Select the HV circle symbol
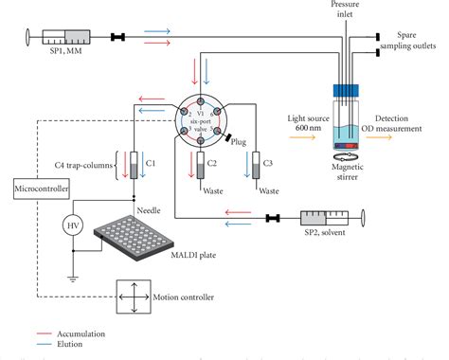click(x=69, y=225)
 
